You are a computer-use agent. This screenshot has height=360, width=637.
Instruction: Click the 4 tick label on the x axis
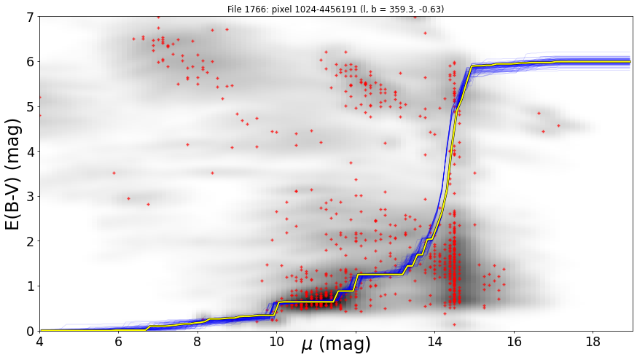pyautogui.click(x=39, y=342)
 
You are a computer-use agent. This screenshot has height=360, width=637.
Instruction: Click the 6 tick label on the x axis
pyautogui.click(x=118, y=342)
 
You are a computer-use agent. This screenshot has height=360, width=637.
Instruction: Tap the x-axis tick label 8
pyautogui.click(x=198, y=342)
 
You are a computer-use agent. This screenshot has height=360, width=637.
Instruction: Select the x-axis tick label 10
pyautogui.click(x=276, y=342)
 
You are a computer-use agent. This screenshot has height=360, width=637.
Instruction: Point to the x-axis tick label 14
pyautogui.click(x=434, y=342)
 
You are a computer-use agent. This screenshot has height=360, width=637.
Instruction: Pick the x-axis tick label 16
pyautogui.click(x=514, y=342)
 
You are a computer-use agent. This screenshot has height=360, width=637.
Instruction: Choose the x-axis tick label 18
pyautogui.click(x=593, y=342)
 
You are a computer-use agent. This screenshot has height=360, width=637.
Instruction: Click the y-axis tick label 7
pyautogui.click(x=31, y=17)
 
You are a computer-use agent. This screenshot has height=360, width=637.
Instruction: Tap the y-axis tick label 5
pyautogui.click(x=31, y=107)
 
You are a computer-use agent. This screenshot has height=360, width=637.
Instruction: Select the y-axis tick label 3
pyautogui.click(x=31, y=197)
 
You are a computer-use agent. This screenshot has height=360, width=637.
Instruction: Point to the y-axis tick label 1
pyautogui.click(x=31, y=286)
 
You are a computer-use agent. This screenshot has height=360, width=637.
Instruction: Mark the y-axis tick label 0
pyautogui.click(x=31, y=332)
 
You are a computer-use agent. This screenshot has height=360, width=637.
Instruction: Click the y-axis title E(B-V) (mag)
pyautogui.click(x=13, y=174)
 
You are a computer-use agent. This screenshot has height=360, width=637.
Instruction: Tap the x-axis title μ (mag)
pyautogui.click(x=336, y=345)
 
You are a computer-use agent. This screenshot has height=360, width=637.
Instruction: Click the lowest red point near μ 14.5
pyautogui.click(x=454, y=324)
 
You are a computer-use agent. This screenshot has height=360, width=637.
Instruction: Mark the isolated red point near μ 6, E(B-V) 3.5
pyautogui.click(x=114, y=173)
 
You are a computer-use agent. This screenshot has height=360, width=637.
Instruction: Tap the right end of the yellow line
pyautogui.click(x=630, y=62)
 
